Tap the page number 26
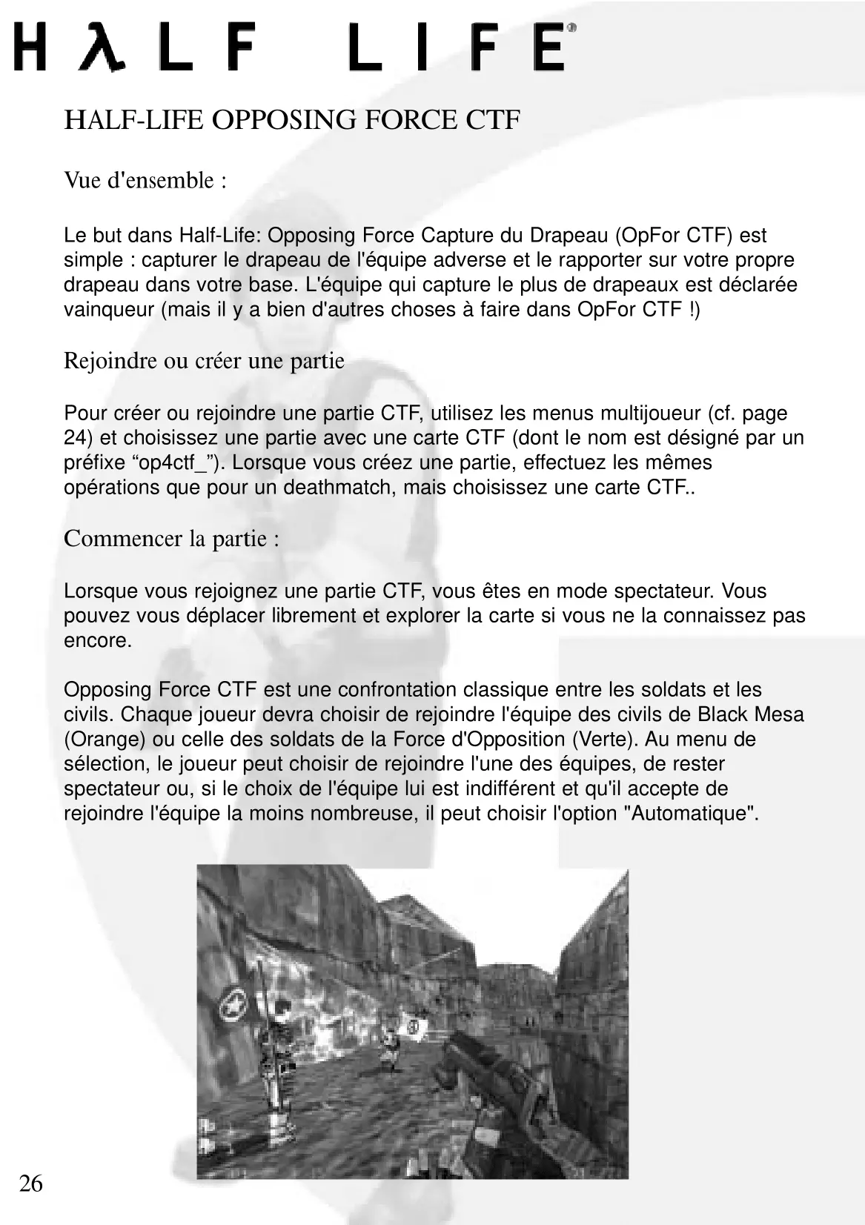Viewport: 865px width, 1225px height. point(30,1183)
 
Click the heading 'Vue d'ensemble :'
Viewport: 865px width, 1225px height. point(145,180)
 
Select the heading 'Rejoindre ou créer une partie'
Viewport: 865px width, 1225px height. point(204,361)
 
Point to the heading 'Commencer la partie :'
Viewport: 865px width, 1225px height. point(172,538)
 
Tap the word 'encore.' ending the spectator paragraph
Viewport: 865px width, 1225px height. point(98,640)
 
